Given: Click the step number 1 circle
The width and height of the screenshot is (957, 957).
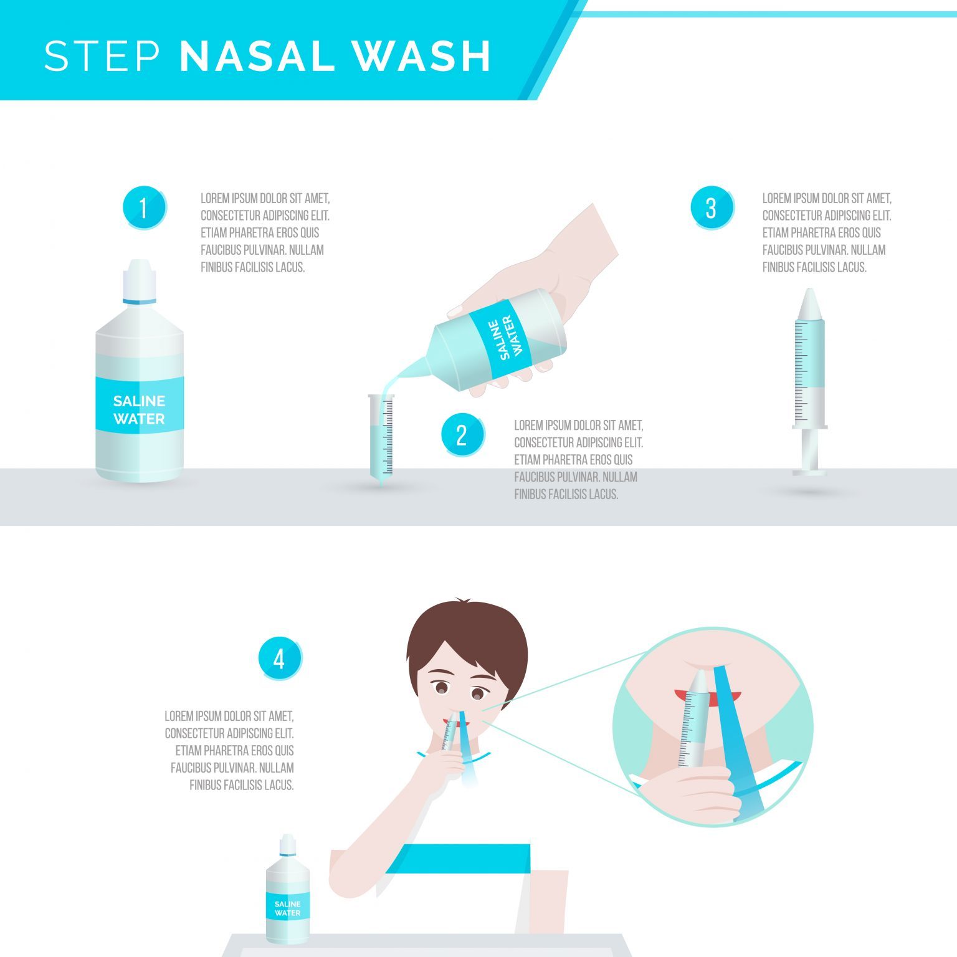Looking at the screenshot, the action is point(144,207).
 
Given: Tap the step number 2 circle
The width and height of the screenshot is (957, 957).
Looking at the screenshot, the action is point(462,434).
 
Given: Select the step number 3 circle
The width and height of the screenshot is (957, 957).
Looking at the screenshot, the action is point(712,207).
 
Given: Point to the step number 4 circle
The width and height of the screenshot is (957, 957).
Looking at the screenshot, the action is point(280,658).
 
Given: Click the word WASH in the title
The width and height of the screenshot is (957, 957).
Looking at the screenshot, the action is point(422,56).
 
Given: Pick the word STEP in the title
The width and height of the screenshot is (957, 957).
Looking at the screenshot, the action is point(103,56).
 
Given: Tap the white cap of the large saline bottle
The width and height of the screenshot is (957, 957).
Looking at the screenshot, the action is point(140,281).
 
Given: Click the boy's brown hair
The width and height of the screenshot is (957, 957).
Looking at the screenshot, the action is point(467,642).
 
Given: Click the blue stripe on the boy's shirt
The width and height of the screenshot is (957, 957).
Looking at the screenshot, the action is point(458,859).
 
